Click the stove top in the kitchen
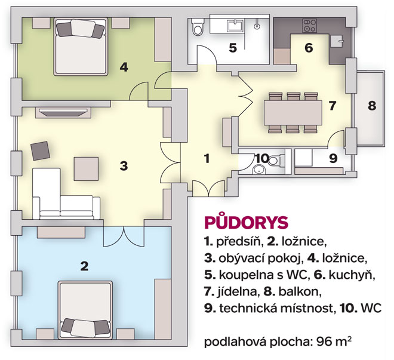pyautogui.click(x=309, y=26)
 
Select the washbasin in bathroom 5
pyautogui.click(x=236, y=26)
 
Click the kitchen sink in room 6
pyautogui.click(x=337, y=41)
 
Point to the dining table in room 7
pyautogui.click(x=293, y=113)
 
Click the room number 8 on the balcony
pyautogui.click(x=372, y=106)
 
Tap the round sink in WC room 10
pyautogui.click(x=259, y=170)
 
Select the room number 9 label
pyautogui.click(x=333, y=159)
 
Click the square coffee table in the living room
pyautogui.click(x=86, y=169)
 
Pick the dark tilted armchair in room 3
pyautogui.click(x=40, y=150)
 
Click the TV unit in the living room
pyautogui.click(x=63, y=112)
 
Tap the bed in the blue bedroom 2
pyautogui.click(x=85, y=310)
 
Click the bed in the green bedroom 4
pyautogui.click(x=81, y=47)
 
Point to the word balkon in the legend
pyautogui.click(x=300, y=292)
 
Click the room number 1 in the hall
pyautogui.click(x=207, y=159)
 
